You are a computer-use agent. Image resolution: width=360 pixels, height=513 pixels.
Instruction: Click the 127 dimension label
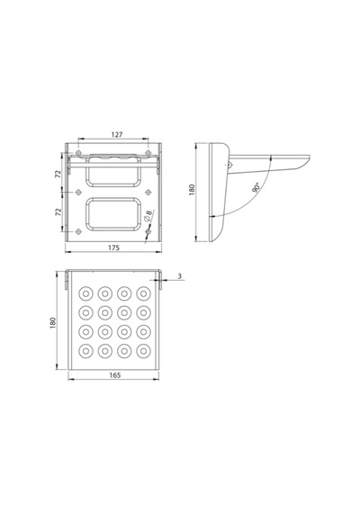[117, 134]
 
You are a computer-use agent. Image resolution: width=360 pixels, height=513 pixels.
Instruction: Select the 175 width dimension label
[114, 247]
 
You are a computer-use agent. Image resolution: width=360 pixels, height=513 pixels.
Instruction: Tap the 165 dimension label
[114, 375]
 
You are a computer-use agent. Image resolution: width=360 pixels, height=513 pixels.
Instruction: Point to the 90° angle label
[256, 187]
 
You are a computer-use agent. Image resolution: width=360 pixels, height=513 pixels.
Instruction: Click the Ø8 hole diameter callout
[148, 216]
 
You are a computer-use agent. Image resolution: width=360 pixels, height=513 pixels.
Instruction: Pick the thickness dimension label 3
[180, 276]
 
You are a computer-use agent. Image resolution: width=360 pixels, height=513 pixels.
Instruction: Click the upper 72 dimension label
[58, 174]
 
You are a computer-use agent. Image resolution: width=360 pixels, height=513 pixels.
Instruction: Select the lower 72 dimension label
[58, 211]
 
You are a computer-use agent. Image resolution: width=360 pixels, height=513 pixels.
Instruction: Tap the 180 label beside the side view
[192, 190]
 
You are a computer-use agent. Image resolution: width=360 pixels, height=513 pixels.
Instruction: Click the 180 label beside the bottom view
[53, 323]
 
